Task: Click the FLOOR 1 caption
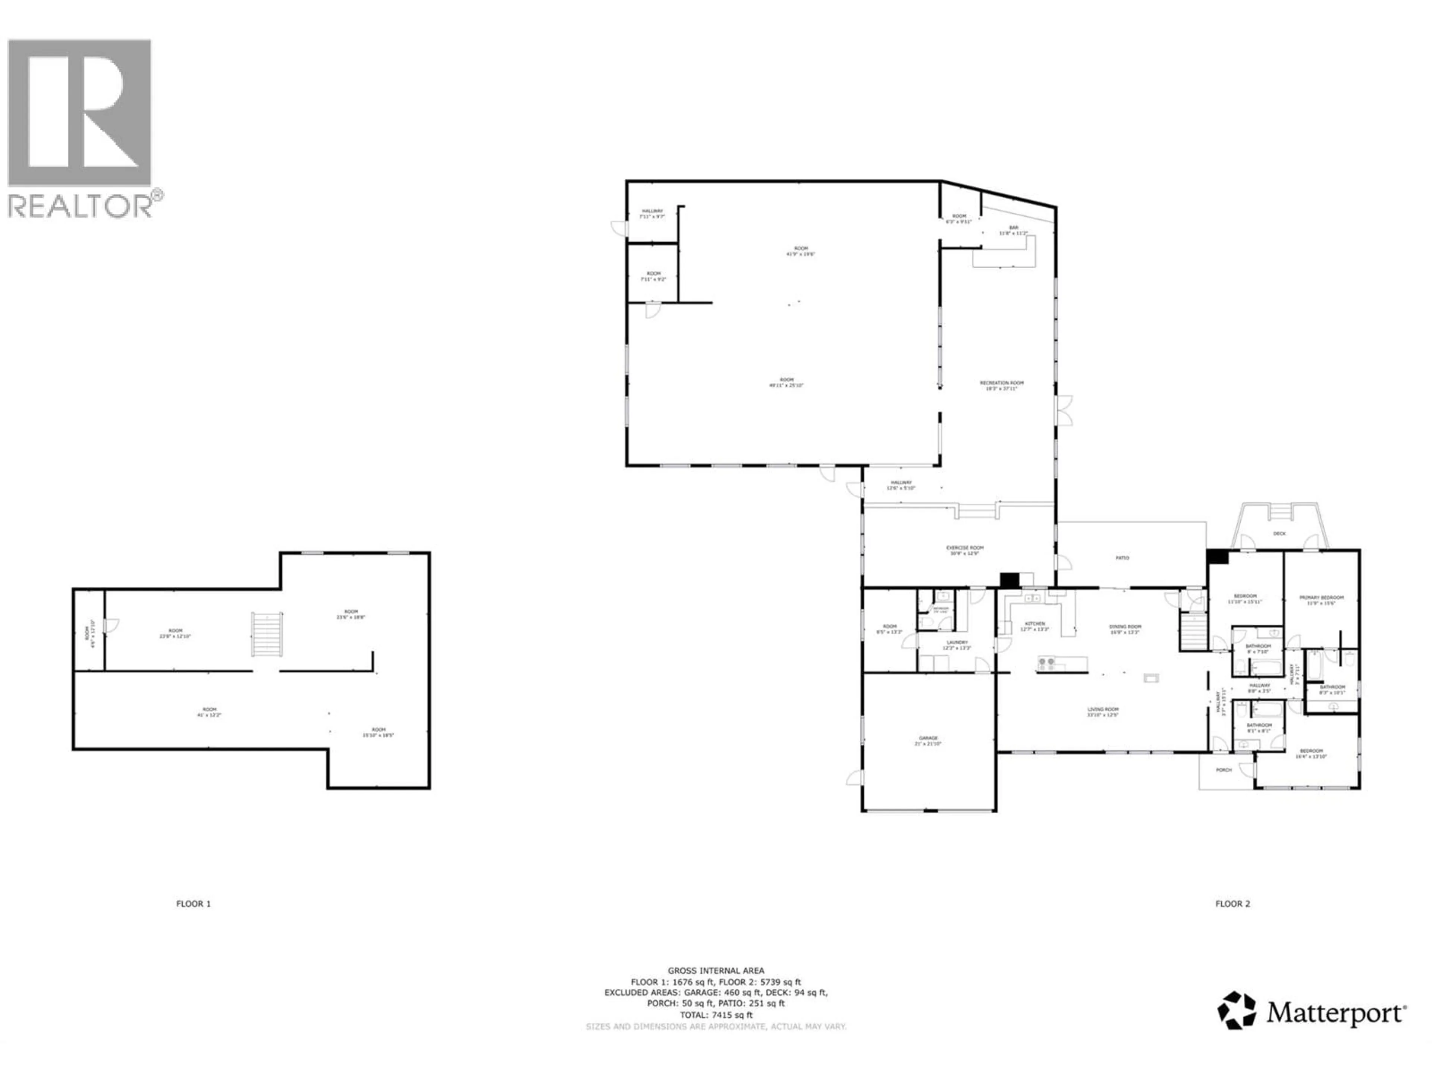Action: (194, 904)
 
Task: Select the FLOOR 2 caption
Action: (1232, 904)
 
